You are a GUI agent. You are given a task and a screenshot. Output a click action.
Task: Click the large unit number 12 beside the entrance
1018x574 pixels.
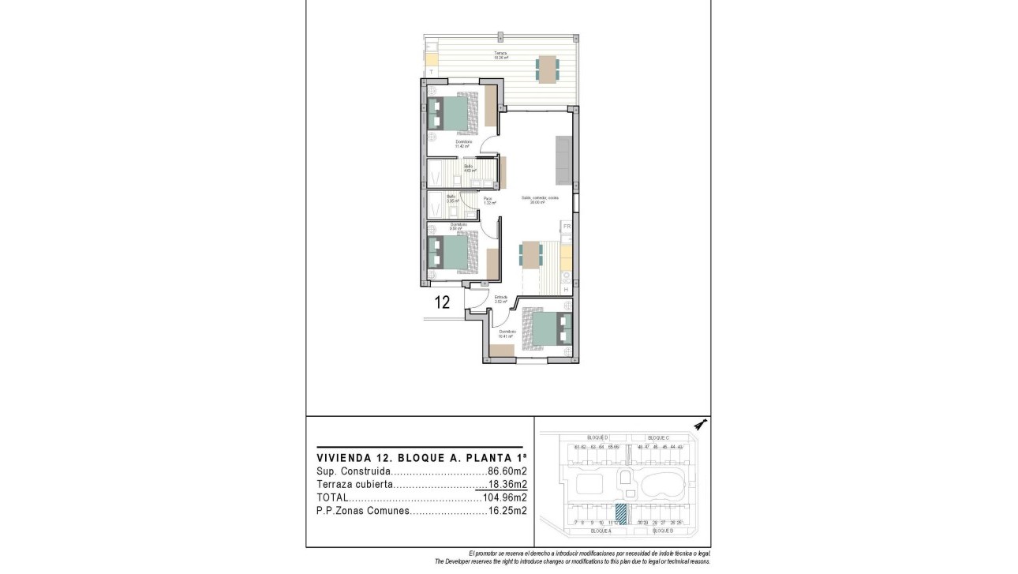click(x=442, y=302)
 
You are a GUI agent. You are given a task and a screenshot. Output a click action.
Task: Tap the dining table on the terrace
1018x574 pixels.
click(x=547, y=68)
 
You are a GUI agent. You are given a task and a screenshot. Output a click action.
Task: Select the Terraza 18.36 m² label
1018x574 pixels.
click(x=500, y=56)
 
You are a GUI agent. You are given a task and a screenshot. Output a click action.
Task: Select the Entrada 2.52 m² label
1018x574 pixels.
click(x=501, y=299)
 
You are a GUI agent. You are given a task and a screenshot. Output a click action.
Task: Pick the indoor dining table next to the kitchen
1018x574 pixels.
click(x=531, y=254)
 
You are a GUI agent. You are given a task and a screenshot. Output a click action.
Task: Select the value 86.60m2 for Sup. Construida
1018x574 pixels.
click(x=507, y=471)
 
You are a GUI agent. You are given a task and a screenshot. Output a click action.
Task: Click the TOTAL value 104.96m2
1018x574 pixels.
click(x=504, y=498)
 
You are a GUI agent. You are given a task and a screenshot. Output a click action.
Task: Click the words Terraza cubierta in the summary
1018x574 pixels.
click(x=354, y=485)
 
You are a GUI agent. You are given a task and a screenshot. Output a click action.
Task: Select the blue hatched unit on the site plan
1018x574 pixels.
click(x=620, y=513)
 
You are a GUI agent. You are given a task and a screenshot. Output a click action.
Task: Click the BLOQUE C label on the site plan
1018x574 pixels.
click(x=657, y=437)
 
